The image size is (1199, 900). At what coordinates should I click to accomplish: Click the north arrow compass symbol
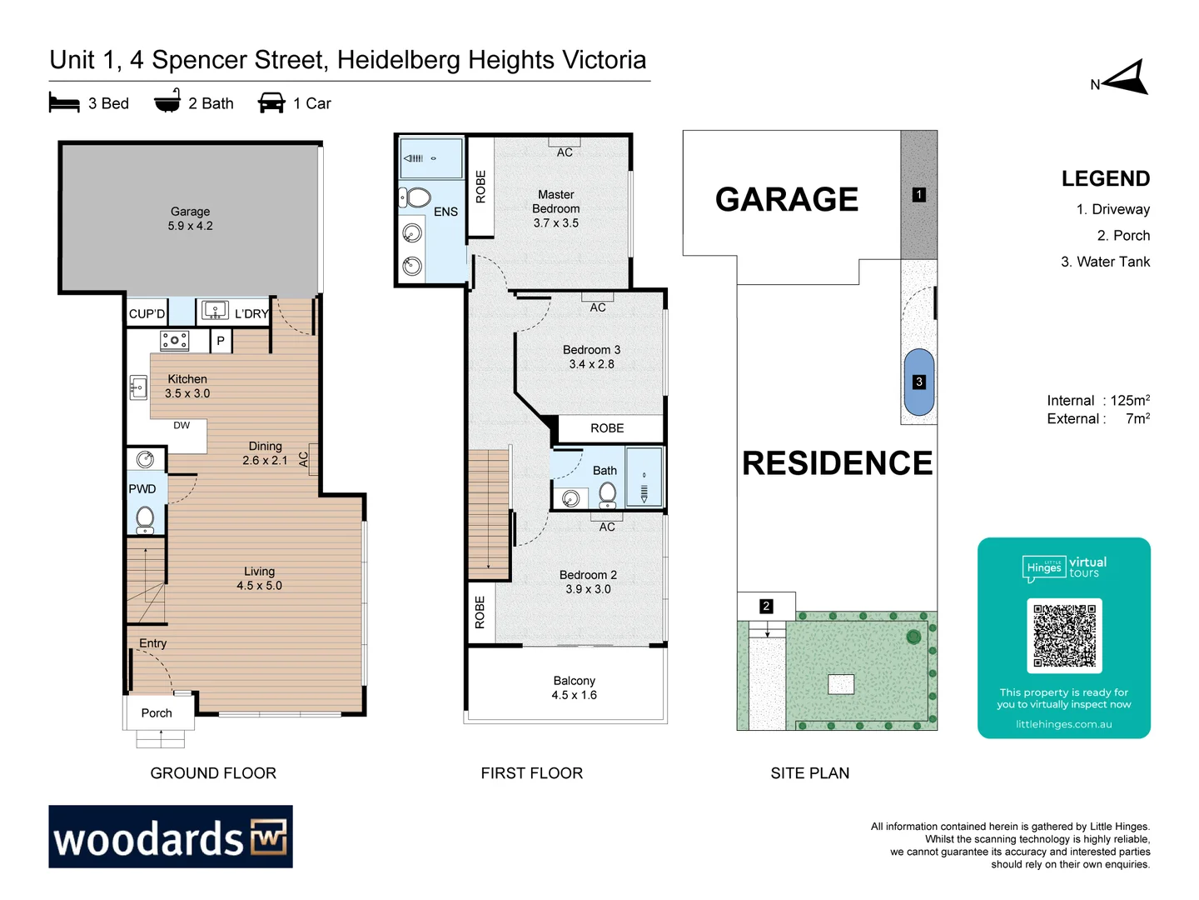click(1127, 78)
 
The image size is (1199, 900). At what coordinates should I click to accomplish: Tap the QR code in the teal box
click(1064, 635)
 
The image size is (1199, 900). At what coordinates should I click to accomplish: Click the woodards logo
click(171, 837)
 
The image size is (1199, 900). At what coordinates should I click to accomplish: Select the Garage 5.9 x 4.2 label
click(190, 218)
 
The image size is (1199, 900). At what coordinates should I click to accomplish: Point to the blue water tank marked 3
click(918, 382)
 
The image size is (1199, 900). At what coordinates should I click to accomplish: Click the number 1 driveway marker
click(918, 194)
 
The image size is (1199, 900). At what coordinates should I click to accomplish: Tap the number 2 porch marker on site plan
click(766, 606)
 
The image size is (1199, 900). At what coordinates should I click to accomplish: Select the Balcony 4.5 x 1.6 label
click(574, 687)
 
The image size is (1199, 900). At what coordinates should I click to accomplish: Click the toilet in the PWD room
click(145, 518)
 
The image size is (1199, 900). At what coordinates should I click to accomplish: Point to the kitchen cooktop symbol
click(174, 340)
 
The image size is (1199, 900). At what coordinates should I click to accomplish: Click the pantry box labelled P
click(221, 341)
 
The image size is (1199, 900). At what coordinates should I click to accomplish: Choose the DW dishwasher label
click(182, 425)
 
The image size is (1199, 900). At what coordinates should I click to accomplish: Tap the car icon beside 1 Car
click(271, 102)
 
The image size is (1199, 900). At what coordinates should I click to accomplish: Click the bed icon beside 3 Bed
click(64, 103)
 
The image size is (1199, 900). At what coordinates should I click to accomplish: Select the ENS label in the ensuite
click(445, 212)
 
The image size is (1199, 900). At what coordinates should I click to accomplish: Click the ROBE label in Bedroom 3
click(607, 428)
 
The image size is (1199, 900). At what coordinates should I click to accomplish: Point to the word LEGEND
click(1105, 178)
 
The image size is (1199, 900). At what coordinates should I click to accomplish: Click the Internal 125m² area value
click(1129, 401)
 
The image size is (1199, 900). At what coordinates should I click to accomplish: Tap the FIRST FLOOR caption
click(531, 773)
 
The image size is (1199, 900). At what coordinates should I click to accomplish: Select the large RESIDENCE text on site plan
click(837, 463)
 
